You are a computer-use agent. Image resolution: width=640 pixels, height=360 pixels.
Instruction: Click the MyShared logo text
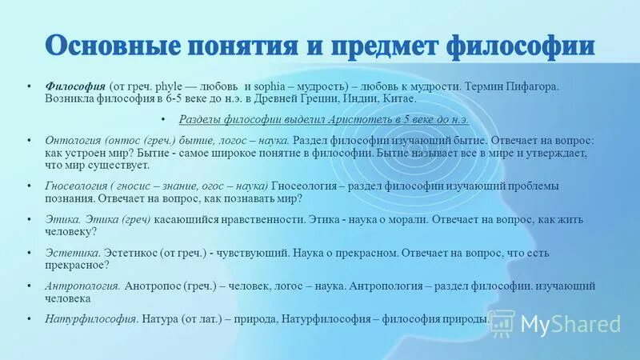[570, 323]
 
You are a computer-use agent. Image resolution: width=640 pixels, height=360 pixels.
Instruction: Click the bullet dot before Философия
[28, 86]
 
